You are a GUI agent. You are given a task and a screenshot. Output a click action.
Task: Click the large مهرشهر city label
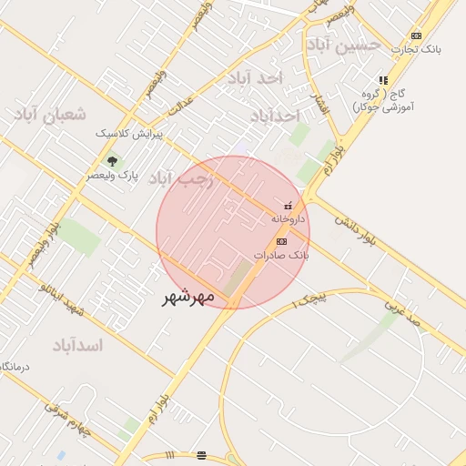[188, 297]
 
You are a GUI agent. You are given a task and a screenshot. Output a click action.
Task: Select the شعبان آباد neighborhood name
[49, 114]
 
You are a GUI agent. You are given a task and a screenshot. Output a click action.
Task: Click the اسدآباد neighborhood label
[76, 345]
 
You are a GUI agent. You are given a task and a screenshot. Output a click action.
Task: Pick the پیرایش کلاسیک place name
[129, 133]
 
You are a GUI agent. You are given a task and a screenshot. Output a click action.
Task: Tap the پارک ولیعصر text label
[112, 176]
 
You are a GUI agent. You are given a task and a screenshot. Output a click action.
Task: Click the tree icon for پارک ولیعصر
[112, 161]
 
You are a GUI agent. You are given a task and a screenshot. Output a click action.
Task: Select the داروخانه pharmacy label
[289, 219]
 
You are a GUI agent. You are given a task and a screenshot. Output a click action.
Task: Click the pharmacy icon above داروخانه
[289, 206]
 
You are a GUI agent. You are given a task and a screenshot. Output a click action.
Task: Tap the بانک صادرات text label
[281, 256]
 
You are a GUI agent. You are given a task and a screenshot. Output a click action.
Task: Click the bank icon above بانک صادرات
[281, 241]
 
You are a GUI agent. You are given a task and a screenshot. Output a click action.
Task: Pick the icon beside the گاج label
[383, 80]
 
